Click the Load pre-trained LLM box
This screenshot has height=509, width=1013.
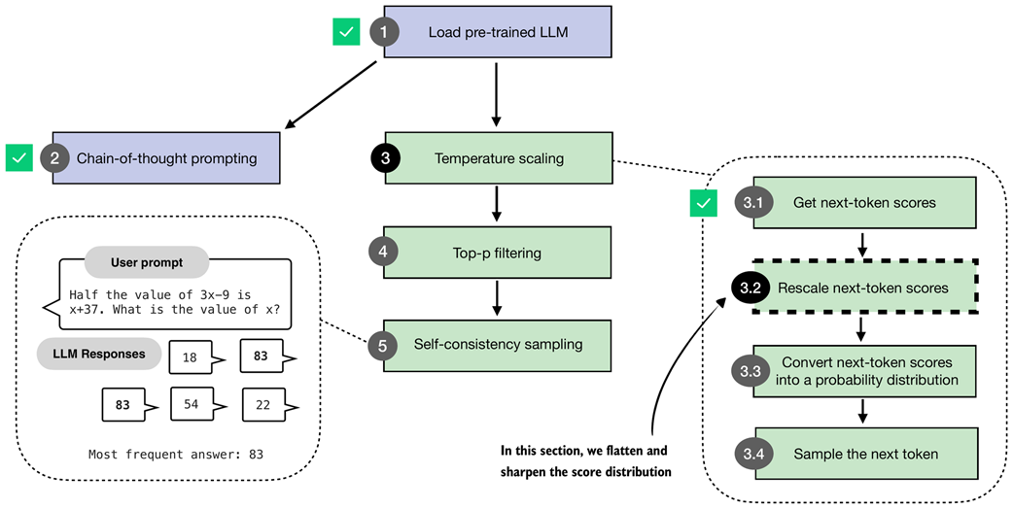coord(498,32)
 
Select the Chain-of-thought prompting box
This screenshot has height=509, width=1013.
coord(166,157)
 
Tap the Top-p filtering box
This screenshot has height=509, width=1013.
coord(498,253)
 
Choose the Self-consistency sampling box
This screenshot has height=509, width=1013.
coord(498,344)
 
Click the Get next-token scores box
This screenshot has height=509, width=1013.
coord(864,203)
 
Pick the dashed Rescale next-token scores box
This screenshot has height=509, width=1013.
coord(864,288)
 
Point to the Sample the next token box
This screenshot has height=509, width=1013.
coord(864,454)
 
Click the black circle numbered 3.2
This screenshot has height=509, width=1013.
coord(751,288)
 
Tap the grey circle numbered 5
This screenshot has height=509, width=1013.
coord(384,344)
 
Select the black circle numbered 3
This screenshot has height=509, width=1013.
coord(385,158)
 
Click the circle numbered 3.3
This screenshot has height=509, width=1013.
coord(751,370)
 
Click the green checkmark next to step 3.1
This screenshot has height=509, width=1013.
coord(703,204)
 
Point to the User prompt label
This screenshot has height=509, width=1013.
coord(146,262)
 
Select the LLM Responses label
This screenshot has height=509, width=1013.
coord(99,354)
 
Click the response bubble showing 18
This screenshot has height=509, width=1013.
coord(191,357)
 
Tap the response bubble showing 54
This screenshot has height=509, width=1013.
coord(192,403)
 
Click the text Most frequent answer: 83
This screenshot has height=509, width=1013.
coord(175,454)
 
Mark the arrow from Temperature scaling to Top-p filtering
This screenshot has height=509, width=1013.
coord(497,205)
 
